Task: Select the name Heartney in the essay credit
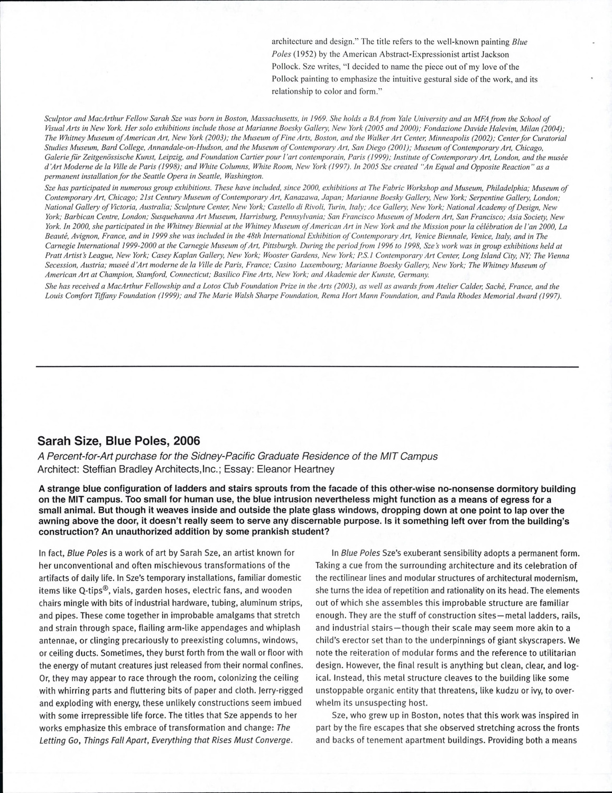point(312,469)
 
